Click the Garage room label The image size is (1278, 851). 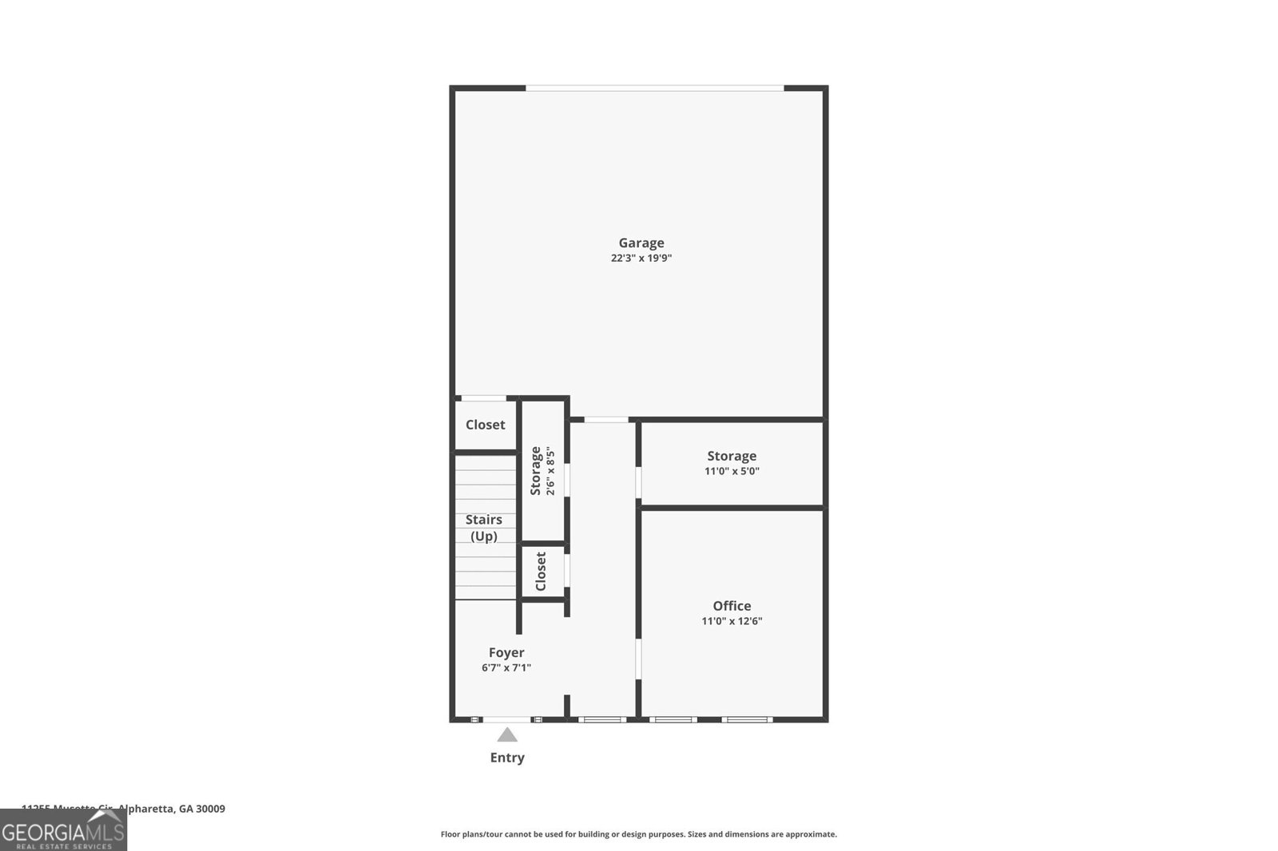click(641, 243)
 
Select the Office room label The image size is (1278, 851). click(732, 606)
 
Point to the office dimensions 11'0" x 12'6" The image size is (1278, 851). click(732, 621)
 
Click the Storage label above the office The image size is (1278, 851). click(732, 456)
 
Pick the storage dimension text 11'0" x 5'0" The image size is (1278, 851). click(732, 471)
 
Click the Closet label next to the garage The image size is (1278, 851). click(485, 425)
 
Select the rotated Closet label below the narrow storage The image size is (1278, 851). click(541, 572)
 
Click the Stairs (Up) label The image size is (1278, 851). click(484, 528)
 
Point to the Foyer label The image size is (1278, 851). click(506, 652)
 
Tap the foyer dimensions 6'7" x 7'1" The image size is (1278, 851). click(506, 667)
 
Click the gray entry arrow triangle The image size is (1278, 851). click(507, 735)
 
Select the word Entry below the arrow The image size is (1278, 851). click(507, 758)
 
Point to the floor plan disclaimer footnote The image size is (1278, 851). click(639, 834)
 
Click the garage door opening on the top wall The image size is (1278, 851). click(654, 88)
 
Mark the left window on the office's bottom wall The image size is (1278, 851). click(673, 719)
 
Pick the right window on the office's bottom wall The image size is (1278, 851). click(747, 719)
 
